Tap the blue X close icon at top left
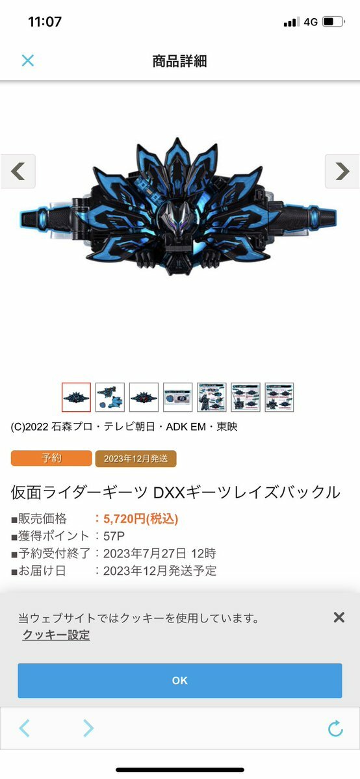point(28,60)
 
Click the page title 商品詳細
point(179,61)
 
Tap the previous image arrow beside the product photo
point(18,172)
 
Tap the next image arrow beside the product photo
point(342,172)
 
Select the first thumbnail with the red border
point(77,397)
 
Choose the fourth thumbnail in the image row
point(178,397)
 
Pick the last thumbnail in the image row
point(279,397)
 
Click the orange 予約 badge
point(51,458)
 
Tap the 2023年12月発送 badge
point(136,459)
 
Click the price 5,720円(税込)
point(141,519)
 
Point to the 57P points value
point(114,536)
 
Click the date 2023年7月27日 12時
point(160,554)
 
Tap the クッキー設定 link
point(56,634)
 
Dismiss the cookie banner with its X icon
point(339,617)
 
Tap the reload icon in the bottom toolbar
point(336,728)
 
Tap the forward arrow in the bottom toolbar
point(88,728)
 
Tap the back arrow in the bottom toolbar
point(24,728)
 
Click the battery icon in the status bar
point(333,22)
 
